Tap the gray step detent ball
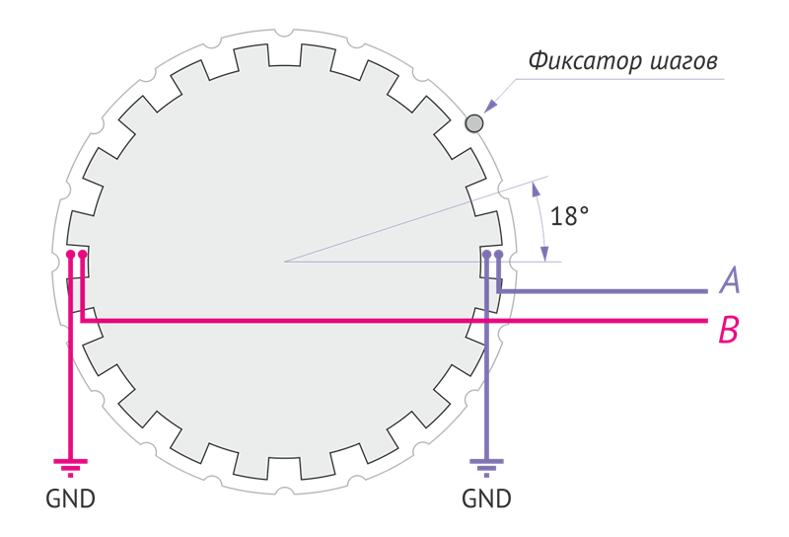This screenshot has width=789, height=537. click(x=474, y=122)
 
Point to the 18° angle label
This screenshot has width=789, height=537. click(x=570, y=216)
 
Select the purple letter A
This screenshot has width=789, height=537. click(x=730, y=281)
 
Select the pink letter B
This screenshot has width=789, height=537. click(x=729, y=330)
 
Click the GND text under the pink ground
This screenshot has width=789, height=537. click(x=71, y=499)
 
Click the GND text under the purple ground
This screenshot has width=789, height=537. click(x=487, y=499)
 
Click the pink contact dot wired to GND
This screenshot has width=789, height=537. click(x=70, y=255)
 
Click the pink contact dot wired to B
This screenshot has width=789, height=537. click(x=82, y=255)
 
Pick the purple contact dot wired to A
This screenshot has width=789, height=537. click(x=499, y=255)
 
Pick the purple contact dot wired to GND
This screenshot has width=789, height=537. click(x=486, y=255)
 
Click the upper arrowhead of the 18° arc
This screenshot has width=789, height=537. click(x=536, y=188)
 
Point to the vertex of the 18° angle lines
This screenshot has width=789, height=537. click(x=285, y=262)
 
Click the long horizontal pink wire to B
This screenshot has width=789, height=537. click(x=394, y=322)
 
